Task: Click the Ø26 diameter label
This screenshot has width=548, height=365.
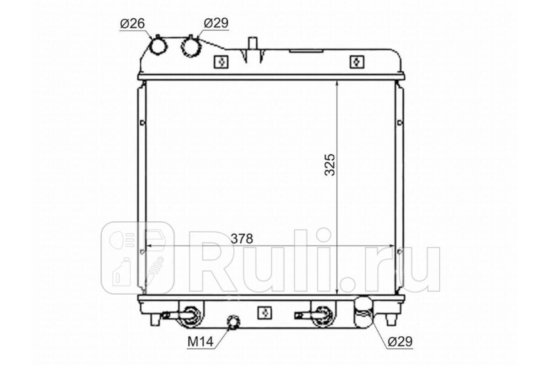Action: click(x=132, y=23)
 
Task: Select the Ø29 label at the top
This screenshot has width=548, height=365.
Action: click(x=216, y=23)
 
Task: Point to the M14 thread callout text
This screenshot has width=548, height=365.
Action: click(x=200, y=342)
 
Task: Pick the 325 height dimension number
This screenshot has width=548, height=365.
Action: click(x=330, y=165)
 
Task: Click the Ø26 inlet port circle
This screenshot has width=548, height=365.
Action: click(x=158, y=46)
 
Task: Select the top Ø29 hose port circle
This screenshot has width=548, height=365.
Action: click(x=191, y=47)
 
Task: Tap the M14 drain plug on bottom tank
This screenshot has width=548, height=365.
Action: click(x=234, y=322)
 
